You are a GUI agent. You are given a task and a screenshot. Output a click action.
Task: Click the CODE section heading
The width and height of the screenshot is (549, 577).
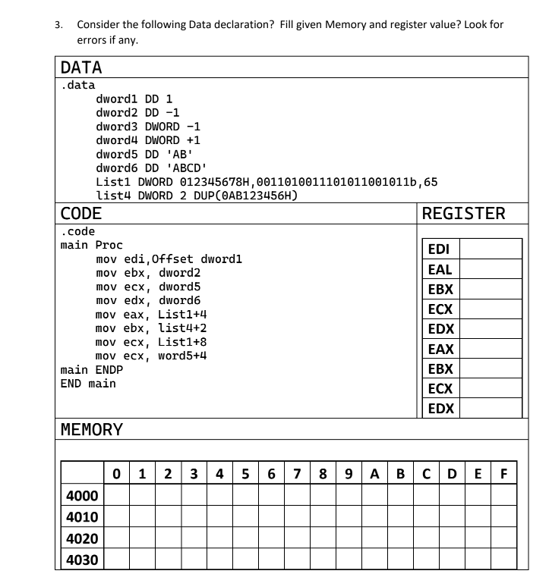point(81,214)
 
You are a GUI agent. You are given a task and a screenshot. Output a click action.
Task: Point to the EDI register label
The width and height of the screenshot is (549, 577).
point(439,249)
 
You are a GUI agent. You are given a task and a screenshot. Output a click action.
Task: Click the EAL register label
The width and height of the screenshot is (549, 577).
point(440,269)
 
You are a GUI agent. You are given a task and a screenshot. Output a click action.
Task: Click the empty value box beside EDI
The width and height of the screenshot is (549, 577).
point(491,249)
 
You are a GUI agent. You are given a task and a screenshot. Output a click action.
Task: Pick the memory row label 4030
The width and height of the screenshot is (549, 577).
point(79,560)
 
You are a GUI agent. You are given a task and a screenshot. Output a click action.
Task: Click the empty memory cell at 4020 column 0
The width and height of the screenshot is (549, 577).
point(116,538)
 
